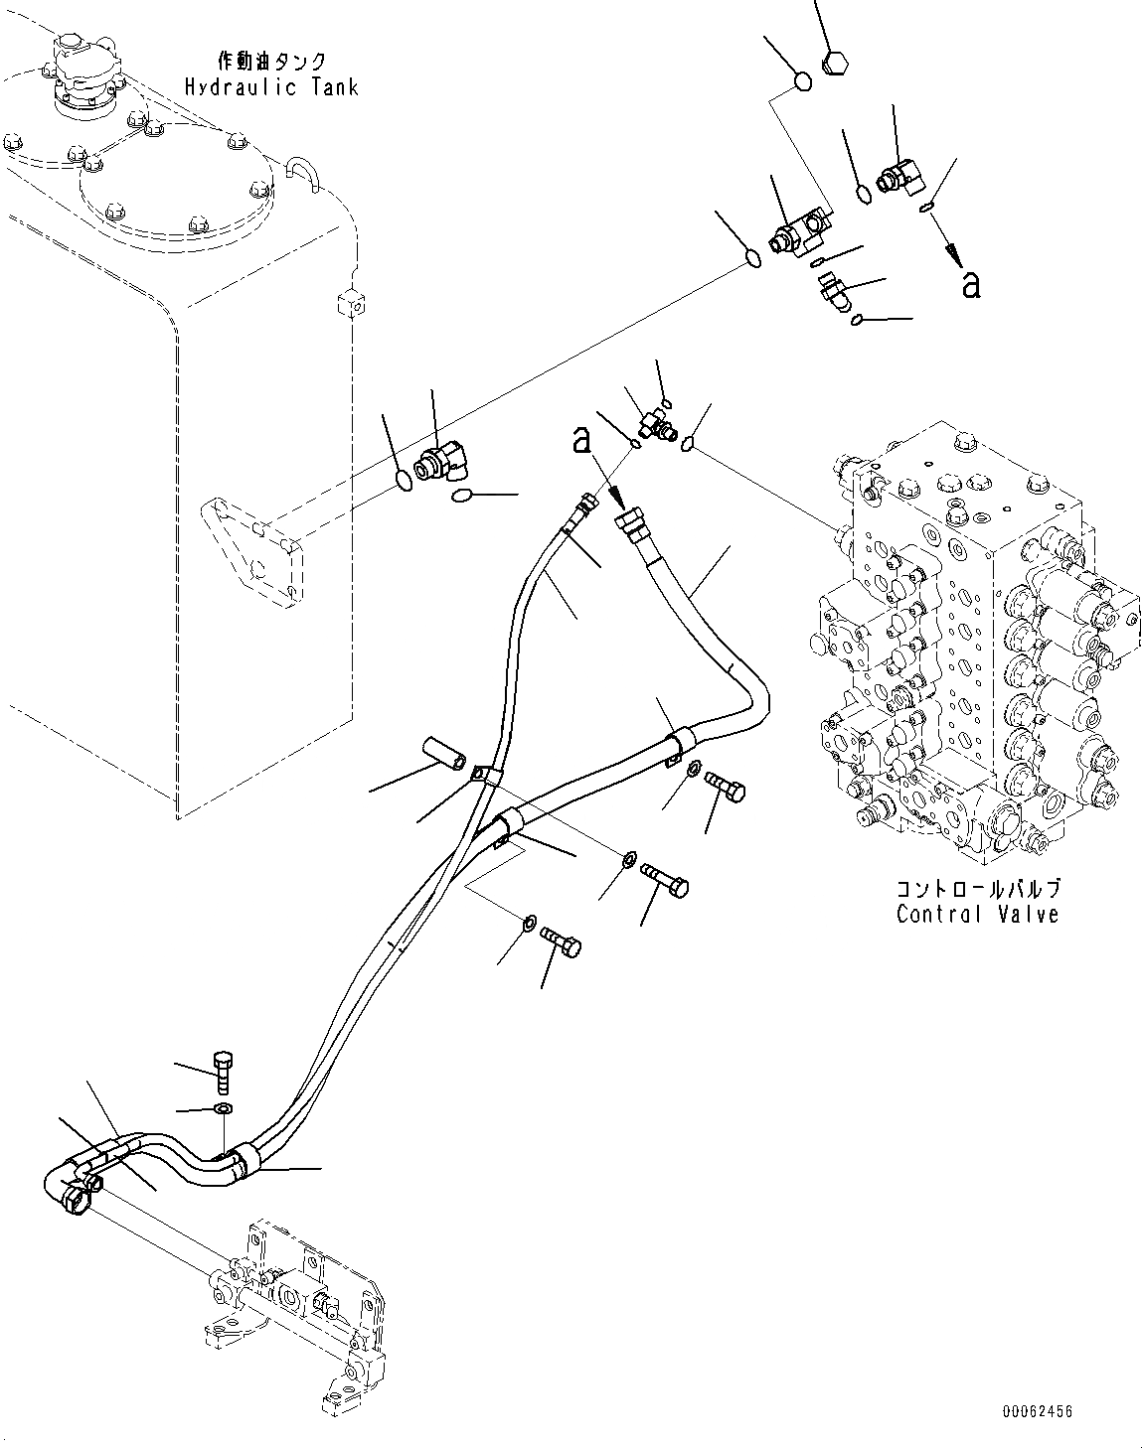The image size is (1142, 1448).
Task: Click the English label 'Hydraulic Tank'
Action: (270, 87)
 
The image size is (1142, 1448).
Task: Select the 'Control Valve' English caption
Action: (977, 915)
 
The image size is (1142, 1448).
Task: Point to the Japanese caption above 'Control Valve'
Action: (977, 888)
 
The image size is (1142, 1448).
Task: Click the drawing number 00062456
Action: (1037, 1411)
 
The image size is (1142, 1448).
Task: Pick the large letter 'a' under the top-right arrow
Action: (971, 284)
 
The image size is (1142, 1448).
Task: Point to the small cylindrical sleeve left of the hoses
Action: (442, 752)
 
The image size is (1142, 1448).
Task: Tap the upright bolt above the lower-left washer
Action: (223, 1071)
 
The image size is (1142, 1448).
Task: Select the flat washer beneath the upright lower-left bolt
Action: (224, 1109)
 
